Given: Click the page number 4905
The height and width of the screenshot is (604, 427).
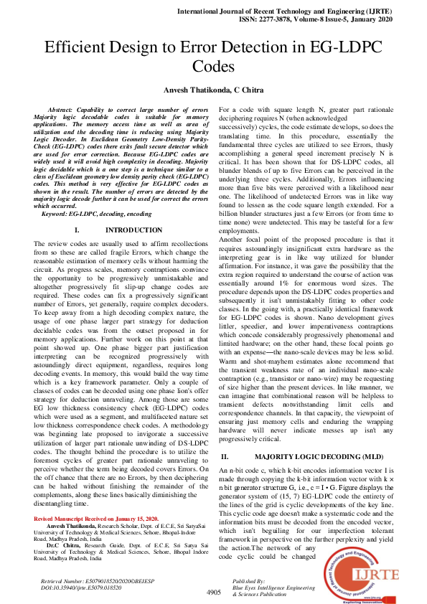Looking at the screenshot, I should click(x=213, y=593).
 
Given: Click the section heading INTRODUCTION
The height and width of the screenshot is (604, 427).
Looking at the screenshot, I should click(x=133, y=230).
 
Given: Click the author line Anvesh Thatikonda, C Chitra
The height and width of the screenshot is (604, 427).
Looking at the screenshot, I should click(x=212, y=89).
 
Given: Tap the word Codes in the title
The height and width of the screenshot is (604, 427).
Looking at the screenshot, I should click(x=213, y=67).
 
